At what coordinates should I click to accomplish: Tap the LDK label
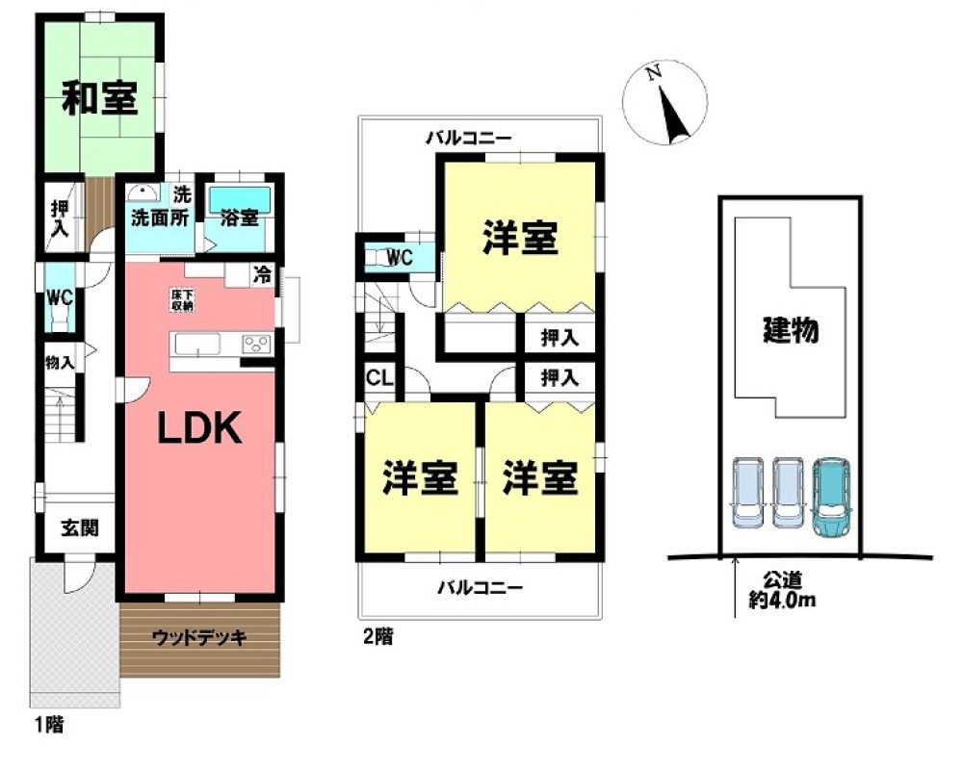(199, 429)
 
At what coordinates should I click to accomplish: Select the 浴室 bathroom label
(240, 217)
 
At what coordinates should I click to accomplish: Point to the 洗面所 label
(160, 217)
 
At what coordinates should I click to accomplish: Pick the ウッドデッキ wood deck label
(200, 636)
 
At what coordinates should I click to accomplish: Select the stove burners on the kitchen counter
(256, 345)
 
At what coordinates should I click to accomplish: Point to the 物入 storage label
(59, 362)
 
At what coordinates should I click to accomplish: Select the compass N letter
(653, 72)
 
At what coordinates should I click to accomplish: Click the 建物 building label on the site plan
(791, 331)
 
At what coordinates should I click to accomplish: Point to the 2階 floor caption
(377, 636)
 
